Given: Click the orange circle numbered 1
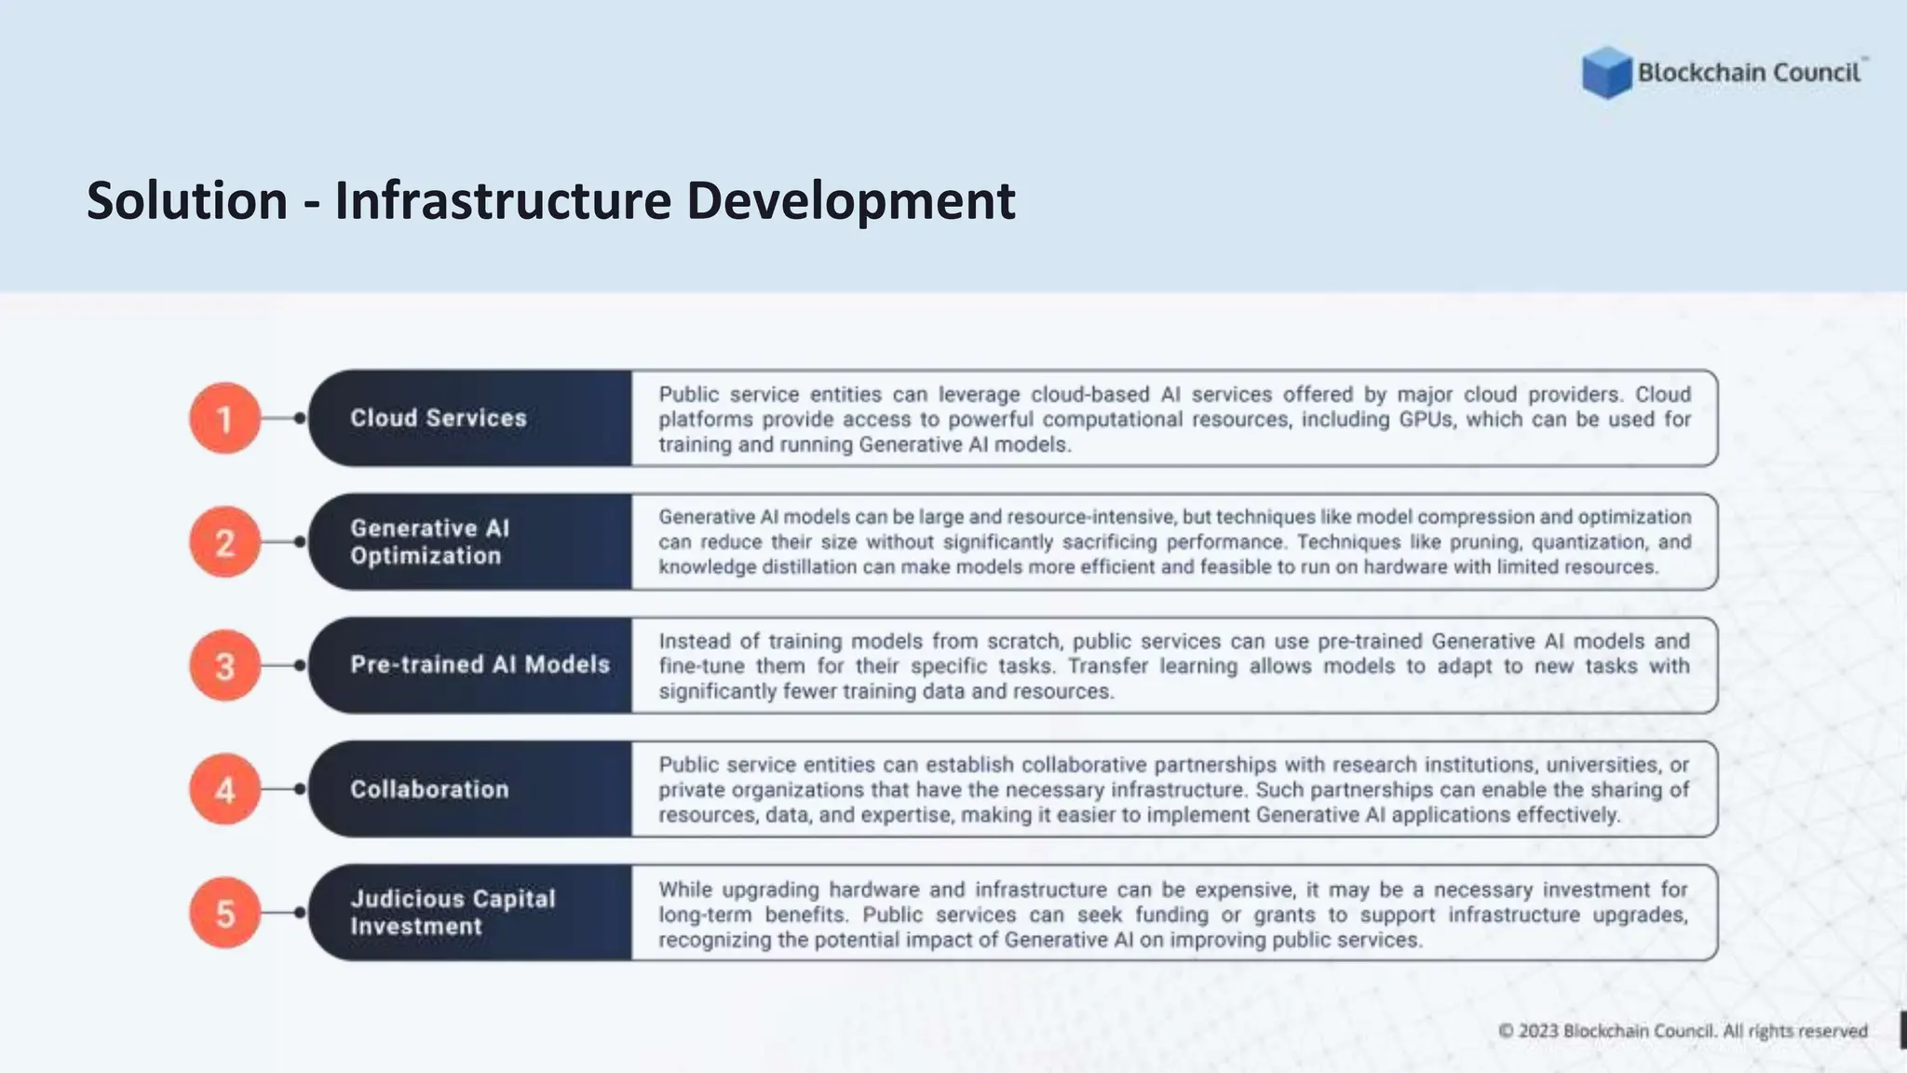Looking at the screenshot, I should tap(224, 418).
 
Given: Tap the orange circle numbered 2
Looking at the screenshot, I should tap(224, 542).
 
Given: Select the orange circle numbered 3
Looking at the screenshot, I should tap(224, 666).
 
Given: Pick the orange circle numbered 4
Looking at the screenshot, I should tap(224, 790).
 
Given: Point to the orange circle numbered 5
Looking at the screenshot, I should tap(224, 913).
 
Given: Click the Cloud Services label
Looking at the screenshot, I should tap(439, 418).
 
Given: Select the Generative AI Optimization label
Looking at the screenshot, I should tap(429, 542).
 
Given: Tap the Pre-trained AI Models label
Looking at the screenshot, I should tap(480, 665).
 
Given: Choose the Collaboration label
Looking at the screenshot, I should tap(429, 790).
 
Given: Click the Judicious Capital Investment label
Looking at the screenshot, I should tap(453, 913).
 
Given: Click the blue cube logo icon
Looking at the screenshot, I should tap(1606, 73).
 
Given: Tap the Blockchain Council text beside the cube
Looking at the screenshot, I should tap(1749, 73).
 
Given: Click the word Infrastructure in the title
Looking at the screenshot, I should tap(503, 201).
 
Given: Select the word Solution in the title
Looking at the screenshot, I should tap(187, 201).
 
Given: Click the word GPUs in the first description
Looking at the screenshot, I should tap(1426, 420).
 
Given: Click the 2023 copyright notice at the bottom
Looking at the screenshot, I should tap(1683, 1031).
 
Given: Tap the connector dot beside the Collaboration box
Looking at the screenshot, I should tap(300, 790).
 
